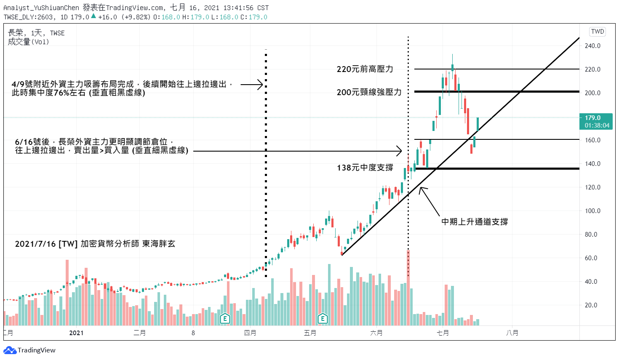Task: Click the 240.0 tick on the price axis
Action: tap(592, 46)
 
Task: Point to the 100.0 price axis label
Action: tap(592, 211)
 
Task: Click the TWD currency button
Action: tap(598, 32)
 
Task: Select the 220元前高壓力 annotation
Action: tap(365, 69)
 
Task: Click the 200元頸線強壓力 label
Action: tap(369, 92)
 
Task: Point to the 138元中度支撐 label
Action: tap(365, 168)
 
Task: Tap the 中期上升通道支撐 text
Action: tap(475, 221)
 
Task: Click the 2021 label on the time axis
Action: tap(76, 333)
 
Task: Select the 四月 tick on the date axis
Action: tap(250, 333)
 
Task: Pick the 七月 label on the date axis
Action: tap(443, 333)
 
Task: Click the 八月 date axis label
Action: tap(512, 333)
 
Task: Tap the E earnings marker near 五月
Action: tap(323, 318)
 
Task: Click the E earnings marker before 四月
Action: tap(225, 318)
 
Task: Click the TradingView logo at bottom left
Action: tap(29, 350)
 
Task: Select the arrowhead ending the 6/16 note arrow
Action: tap(400, 151)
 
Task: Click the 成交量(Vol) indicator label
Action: tap(28, 42)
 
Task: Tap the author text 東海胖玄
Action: tap(159, 244)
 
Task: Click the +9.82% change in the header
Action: tap(136, 17)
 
